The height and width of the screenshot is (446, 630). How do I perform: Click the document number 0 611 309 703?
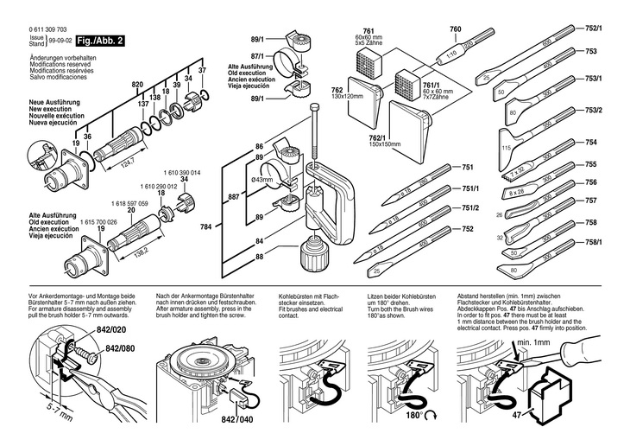pyautogui.click(x=48, y=29)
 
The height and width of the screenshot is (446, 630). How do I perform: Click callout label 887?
pyautogui.click(x=233, y=198)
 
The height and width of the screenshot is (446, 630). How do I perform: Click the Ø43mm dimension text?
pyautogui.click(x=261, y=179)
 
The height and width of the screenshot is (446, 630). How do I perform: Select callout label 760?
pyautogui.click(x=457, y=29)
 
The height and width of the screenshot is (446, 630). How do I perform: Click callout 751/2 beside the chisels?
pyautogui.click(x=470, y=207)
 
